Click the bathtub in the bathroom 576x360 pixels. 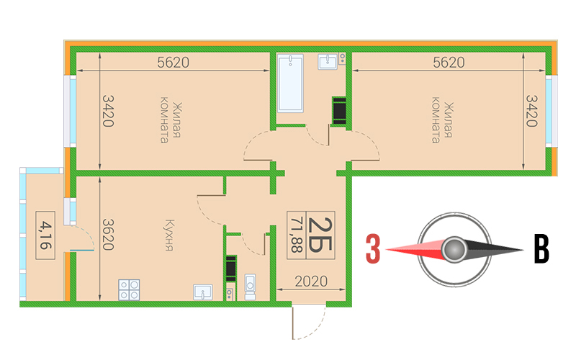[x=290, y=83]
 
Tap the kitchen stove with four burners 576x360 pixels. [x=129, y=290]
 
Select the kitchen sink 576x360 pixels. [x=203, y=292]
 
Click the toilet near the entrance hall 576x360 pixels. [x=250, y=287]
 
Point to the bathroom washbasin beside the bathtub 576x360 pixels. [x=328, y=62]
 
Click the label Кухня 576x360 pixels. [x=169, y=235]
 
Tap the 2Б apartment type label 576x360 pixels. [x=320, y=235]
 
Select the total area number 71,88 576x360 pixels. [x=297, y=235]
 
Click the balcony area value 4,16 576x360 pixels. [x=45, y=235]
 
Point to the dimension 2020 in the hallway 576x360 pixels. [x=311, y=282]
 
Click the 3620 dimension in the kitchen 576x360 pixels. [x=107, y=235]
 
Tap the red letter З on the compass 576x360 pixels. [x=373, y=249]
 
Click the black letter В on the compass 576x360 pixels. [x=541, y=249]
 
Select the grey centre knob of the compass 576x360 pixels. [x=454, y=249]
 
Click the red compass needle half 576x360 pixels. [x=415, y=250]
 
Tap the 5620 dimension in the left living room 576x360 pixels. [x=173, y=63]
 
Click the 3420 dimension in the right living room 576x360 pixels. [x=531, y=111]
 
